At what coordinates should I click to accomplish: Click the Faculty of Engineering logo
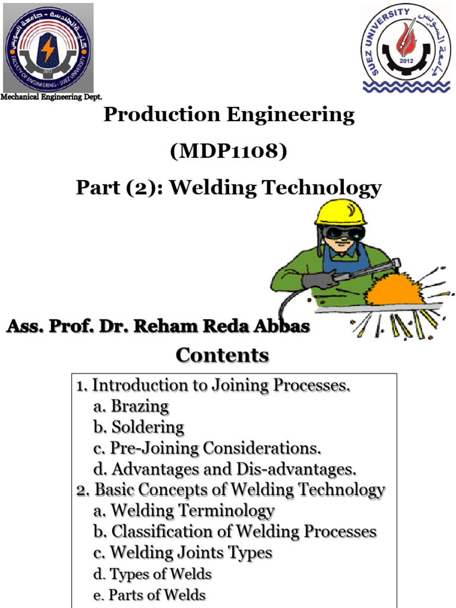pos(47,48)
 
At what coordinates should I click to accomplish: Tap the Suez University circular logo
pos(407,47)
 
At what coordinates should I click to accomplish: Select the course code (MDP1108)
pos(229,151)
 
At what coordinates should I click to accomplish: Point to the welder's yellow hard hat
pos(341,212)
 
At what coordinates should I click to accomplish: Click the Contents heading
pos(222,355)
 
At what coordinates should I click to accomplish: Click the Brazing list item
pos(140,406)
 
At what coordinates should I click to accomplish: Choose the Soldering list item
pos(148,427)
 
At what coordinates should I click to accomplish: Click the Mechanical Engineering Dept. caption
pos(51,97)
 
